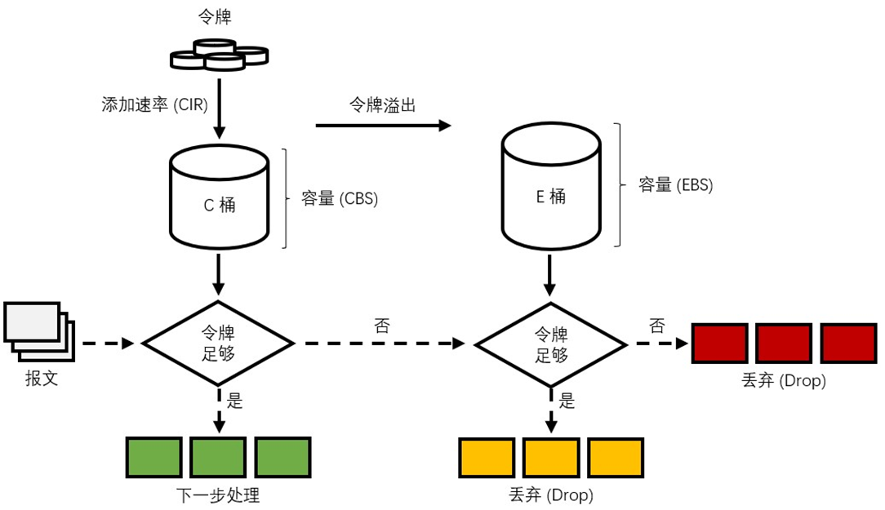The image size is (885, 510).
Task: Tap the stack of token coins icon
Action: click(218, 55)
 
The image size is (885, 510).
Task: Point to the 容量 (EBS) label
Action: click(675, 185)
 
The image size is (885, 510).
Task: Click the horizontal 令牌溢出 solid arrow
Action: click(382, 126)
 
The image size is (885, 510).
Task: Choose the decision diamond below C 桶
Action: click(218, 344)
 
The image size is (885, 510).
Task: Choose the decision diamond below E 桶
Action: click(551, 344)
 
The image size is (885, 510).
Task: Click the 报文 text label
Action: click(42, 379)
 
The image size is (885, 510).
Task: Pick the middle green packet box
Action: click(218, 457)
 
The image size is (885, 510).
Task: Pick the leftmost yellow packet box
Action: click(487, 457)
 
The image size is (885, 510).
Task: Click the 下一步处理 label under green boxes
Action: click(218, 495)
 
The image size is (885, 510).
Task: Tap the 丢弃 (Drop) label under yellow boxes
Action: click(550, 495)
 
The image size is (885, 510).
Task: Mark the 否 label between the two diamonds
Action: click(381, 326)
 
